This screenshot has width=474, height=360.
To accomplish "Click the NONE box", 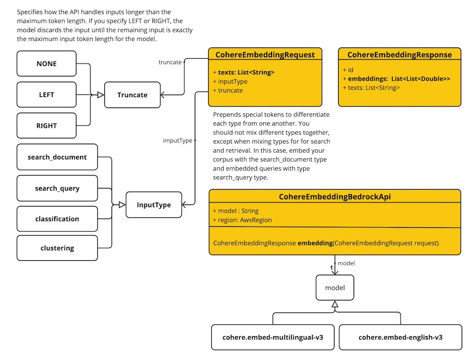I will [x=46, y=64].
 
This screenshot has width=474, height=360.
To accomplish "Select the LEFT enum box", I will [x=46, y=95].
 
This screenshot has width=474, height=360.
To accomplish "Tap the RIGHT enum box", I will [x=46, y=126].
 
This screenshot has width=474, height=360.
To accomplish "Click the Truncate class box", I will [x=132, y=95].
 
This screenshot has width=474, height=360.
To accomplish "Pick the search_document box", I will [x=57, y=157].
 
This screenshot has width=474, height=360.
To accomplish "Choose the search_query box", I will [x=57, y=188].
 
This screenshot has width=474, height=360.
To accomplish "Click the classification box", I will [x=57, y=219].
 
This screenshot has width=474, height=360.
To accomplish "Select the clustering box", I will [x=57, y=248].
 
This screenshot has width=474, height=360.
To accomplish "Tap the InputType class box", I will [x=154, y=205].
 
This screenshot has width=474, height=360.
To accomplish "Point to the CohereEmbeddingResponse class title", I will [x=399, y=55].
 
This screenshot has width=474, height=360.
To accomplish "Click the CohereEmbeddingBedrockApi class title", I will [x=335, y=197].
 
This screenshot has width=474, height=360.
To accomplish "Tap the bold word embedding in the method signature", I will [x=315, y=242].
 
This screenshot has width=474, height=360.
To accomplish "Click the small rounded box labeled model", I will [x=335, y=288].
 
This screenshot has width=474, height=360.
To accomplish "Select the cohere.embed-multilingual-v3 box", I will [x=273, y=337].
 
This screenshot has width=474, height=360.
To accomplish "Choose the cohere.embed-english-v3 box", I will [x=400, y=337].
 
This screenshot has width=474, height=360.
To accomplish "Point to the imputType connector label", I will [x=177, y=140].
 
